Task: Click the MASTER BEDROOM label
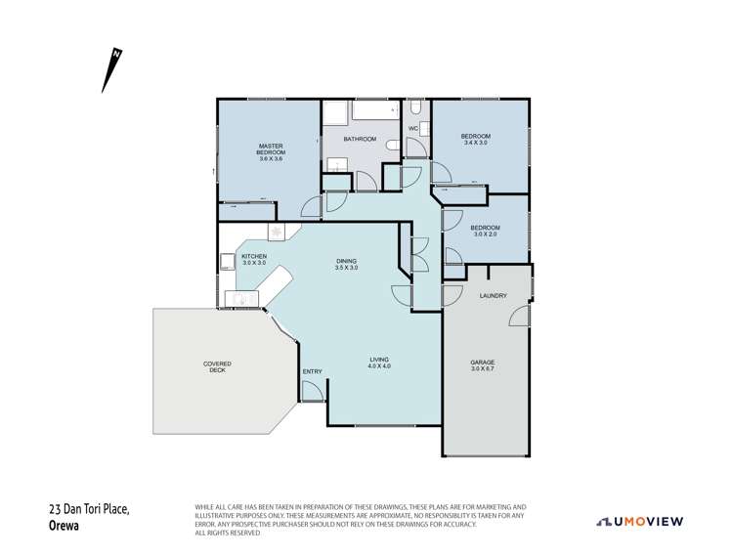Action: pyautogui.click(x=271, y=149)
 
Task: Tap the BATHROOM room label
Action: pyautogui.click(x=359, y=139)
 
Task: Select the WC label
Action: pyautogui.click(x=412, y=128)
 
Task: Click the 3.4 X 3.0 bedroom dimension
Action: pyautogui.click(x=475, y=143)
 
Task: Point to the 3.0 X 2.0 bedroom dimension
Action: pyautogui.click(x=485, y=235)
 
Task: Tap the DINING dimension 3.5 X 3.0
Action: pyautogui.click(x=347, y=267)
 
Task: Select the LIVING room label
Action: pyautogui.click(x=379, y=359)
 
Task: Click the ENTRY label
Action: pyautogui.click(x=312, y=371)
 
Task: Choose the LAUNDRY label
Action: pyautogui.click(x=492, y=295)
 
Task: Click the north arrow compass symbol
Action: pyautogui.click(x=110, y=69)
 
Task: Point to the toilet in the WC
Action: pyautogui.click(x=394, y=146)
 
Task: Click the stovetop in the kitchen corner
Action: pyautogui.click(x=276, y=232)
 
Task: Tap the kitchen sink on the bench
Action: pyautogui.click(x=237, y=301)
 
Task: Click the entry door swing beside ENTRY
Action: pyautogui.click(x=314, y=392)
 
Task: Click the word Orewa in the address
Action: pyautogui.click(x=65, y=524)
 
